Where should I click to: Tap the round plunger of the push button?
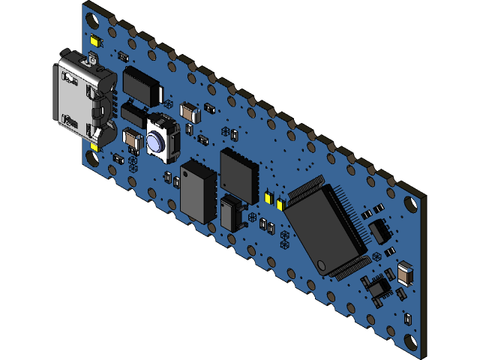pyautogui.click(x=157, y=142)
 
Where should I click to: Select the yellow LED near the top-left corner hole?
pyautogui.click(x=95, y=40)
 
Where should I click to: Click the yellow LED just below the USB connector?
pyautogui.click(x=95, y=145)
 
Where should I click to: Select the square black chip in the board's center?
pyautogui.click(x=238, y=173)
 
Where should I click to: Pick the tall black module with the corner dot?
pyautogui.click(x=198, y=191)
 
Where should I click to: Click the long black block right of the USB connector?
pyautogui.click(x=142, y=84)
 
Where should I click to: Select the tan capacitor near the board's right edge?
pyautogui.click(x=405, y=274)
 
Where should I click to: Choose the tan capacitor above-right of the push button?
pyautogui.click(x=190, y=112)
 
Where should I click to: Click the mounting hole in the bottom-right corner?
pyautogui.click(x=411, y=343)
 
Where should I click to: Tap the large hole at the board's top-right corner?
pyautogui.click(x=411, y=203)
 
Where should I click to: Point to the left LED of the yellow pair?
pyautogui.click(x=268, y=197)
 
